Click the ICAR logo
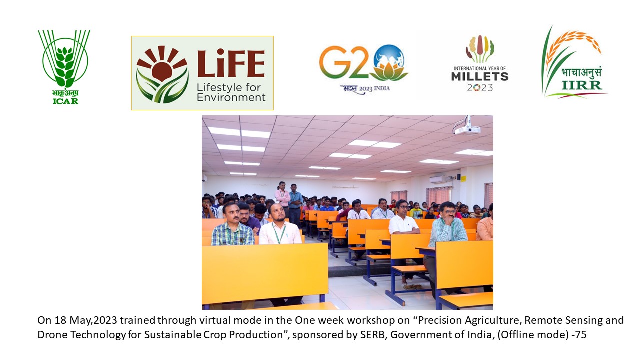[64, 67]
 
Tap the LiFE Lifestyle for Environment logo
[202, 73]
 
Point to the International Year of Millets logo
[480, 63]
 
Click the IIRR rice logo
[574, 63]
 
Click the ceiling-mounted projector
[467, 127]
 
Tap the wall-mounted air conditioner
[439, 179]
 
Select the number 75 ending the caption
[580, 335]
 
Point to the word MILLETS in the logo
[480, 77]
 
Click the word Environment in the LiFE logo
[231, 97]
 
